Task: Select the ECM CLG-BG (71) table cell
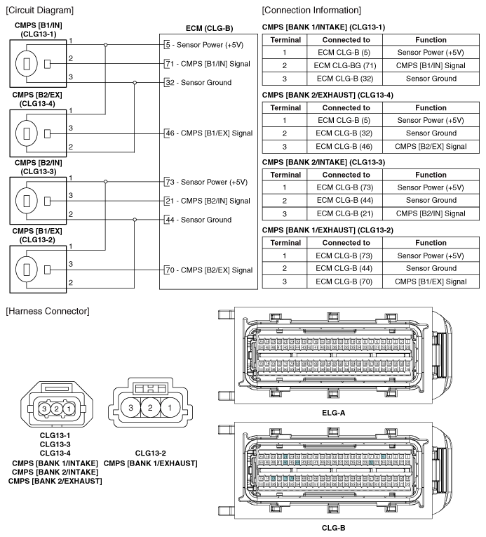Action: point(346,65)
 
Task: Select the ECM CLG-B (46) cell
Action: point(346,145)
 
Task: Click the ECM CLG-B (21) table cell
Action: point(346,213)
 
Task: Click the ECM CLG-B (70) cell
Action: point(346,281)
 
